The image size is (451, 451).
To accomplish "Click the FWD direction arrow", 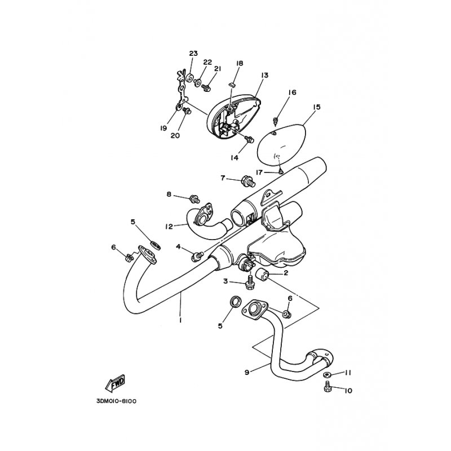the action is click(115, 383).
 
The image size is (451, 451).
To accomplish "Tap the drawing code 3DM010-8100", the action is click(117, 401).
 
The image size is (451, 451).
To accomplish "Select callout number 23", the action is click(193, 53).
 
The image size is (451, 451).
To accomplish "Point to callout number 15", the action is click(316, 107).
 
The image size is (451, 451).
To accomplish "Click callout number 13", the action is click(264, 75).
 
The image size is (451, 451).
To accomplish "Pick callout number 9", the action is click(247, 372).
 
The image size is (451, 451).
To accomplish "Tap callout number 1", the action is click(180, 320).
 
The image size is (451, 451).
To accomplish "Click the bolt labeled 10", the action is click(327, 388).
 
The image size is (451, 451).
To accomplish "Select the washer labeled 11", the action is click(326, 374).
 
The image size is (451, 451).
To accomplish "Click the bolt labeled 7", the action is click(247, 181).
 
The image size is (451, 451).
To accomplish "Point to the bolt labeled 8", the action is click(194, 198).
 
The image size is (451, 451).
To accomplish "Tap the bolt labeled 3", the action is click(249, 282).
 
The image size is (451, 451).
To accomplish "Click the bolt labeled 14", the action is click(249, 139).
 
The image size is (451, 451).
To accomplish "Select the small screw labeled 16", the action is click(275, 121).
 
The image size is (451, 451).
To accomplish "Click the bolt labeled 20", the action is click(187, 110).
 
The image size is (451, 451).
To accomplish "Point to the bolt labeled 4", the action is click(197, 256).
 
